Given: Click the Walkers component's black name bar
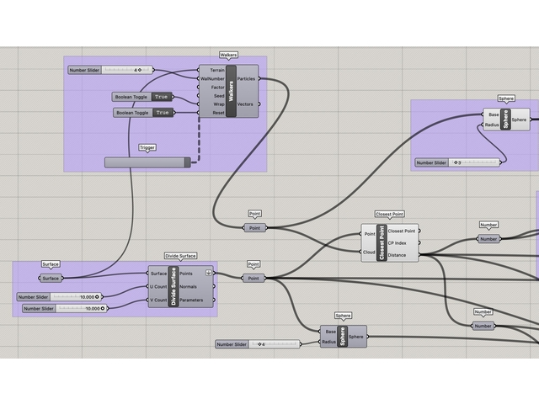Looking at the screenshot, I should click(x=230, y=88).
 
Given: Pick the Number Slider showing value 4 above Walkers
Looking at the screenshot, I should click(x=110, y=70).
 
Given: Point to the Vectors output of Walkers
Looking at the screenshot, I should click(x=246, y=104).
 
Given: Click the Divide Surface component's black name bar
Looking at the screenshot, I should click(x=173, y=286).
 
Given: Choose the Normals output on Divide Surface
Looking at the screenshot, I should click(x=190, y=286).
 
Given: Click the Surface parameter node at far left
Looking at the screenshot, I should click(x=51, y=278).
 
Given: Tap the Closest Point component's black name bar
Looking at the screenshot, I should click(x=382, y=242).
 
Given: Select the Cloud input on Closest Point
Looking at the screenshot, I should click(x=369, y=251).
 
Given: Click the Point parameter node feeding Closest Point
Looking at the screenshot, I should click(x=254, y=228).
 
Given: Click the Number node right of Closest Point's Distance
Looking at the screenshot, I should click(x=488, y=239).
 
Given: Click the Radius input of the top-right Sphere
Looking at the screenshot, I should click(x=492, y=125).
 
